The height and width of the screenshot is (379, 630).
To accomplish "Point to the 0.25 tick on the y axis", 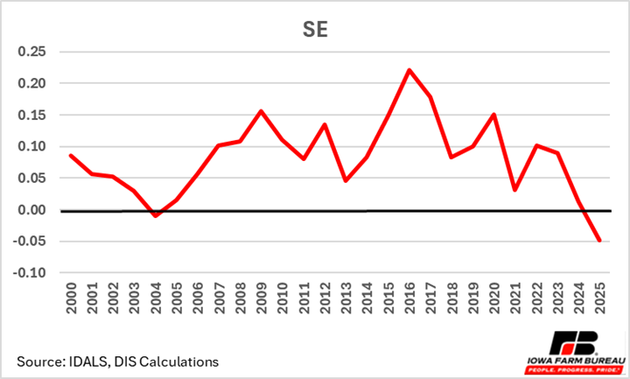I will point(32,52).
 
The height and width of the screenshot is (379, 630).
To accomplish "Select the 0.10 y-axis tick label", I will point(32,147).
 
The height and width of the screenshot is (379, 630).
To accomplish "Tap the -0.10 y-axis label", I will point(31,273).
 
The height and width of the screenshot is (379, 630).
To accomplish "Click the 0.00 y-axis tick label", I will point(32,210).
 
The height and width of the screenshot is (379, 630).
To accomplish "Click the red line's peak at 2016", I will point(409,70).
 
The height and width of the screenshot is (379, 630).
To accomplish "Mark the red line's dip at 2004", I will point(155,215).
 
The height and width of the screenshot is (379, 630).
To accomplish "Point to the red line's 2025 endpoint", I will point(599,241).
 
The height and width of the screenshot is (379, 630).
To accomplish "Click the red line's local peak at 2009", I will point(261,111).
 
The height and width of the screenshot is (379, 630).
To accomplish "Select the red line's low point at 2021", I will point(514,190).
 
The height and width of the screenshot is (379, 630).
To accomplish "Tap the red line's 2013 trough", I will point(346,180).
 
